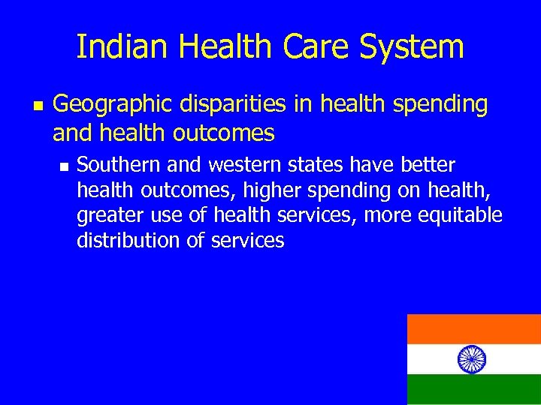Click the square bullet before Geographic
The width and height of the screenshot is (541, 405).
[x=35, y=106]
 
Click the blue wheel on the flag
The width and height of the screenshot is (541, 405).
[x=472, y=358]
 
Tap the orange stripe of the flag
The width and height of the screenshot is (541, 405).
[x=473, y=328]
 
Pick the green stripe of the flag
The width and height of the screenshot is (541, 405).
[x=473, y=389]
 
